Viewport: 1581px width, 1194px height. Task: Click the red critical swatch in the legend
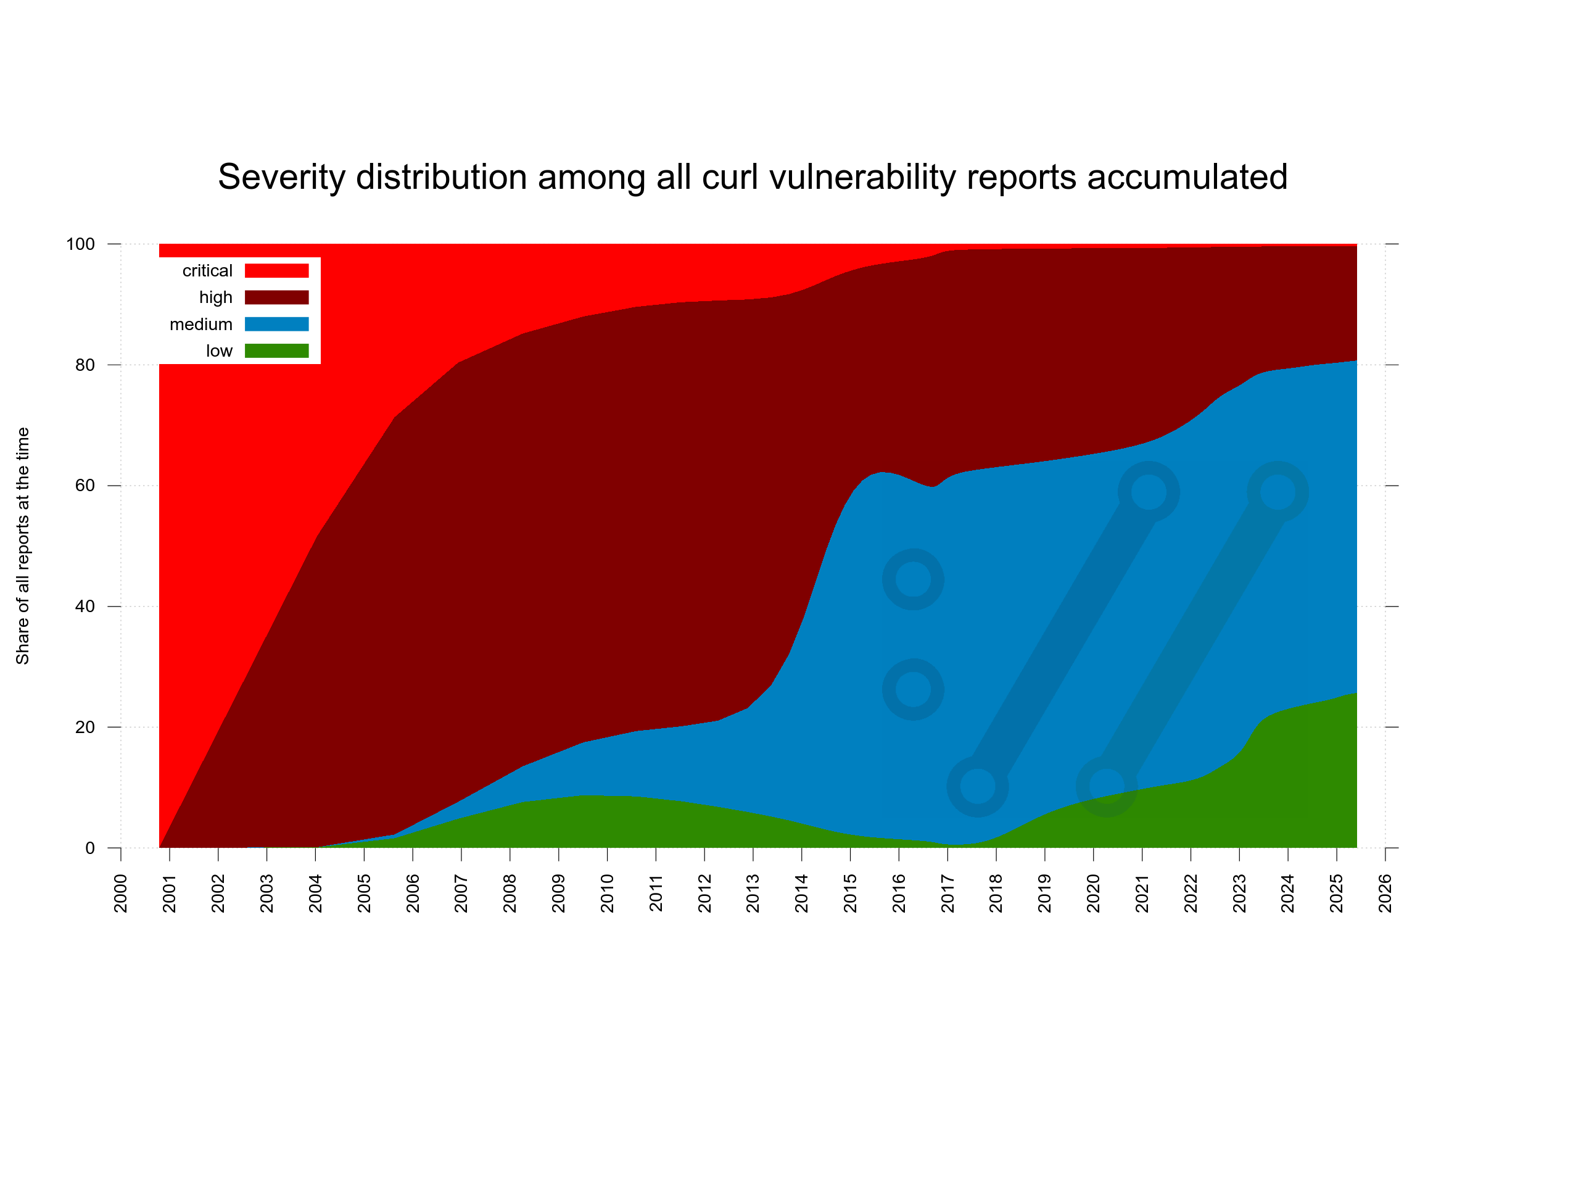click(276, 270)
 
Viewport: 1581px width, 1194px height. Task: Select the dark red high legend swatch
click(276, 297)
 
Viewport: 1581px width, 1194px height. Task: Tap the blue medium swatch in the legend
click(276, 324)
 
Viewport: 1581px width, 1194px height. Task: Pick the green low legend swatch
click(276, 351)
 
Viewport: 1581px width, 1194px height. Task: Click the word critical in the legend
click(207, 271)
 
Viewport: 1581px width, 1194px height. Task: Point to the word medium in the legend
click(201, 325)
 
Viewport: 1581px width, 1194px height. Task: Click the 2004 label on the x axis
click(315, 893)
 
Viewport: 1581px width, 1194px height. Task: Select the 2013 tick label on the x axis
click(753, 893)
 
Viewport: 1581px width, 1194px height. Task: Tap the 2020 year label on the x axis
click(1093, 893)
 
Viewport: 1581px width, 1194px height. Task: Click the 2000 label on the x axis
click(121, 893)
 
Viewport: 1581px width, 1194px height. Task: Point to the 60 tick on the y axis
click(85, 486)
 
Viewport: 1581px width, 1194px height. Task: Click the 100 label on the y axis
click(80, 244)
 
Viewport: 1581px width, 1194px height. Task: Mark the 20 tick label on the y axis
click(85, 727)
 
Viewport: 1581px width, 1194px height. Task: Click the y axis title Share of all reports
click(23, 545)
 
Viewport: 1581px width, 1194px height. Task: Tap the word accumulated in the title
click(1187, 177)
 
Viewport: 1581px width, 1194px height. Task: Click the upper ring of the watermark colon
click(913, 579)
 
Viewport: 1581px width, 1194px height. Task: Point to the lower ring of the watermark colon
click(913, 689)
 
